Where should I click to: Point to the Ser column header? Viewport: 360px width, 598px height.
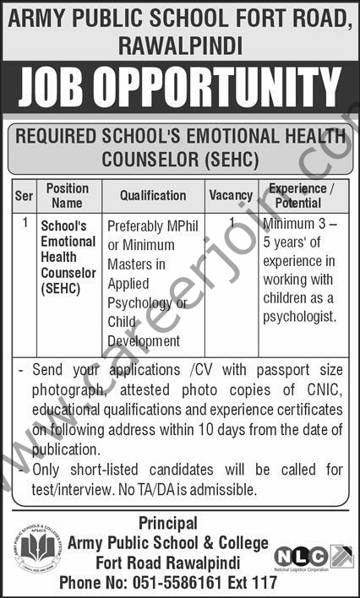tap(24, 196)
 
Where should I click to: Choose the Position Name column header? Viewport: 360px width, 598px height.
tap(68, 196)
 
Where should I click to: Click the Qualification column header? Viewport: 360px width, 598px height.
tap(152, 196)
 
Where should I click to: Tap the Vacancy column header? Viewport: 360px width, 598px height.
tap(231, 196)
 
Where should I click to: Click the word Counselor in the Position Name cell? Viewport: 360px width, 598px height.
tap(69, 274)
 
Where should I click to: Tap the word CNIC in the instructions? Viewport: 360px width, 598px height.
tap(325, 390)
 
